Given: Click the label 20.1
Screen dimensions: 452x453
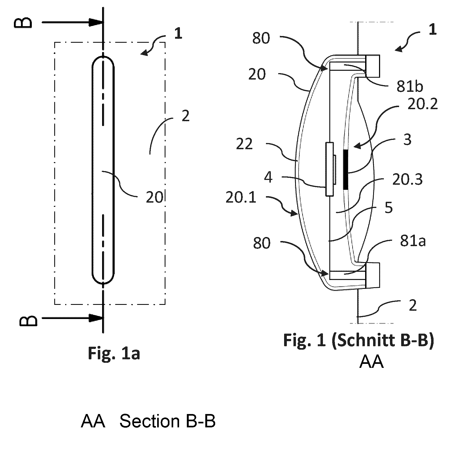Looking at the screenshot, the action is [x=241, y=198].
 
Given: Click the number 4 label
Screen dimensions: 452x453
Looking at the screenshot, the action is [x=268, y=177].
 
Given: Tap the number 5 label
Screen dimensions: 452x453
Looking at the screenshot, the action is [x=389, y=207].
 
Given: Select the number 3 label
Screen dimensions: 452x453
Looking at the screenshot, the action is [x=407, y=139].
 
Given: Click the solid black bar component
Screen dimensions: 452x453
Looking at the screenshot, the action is [x=345, y=170].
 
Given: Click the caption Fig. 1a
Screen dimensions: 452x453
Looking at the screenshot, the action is [x=114, y=354].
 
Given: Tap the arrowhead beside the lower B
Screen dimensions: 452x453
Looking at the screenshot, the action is [x=96, y=318].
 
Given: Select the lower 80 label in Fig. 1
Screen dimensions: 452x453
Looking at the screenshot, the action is [x=262, y=243].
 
